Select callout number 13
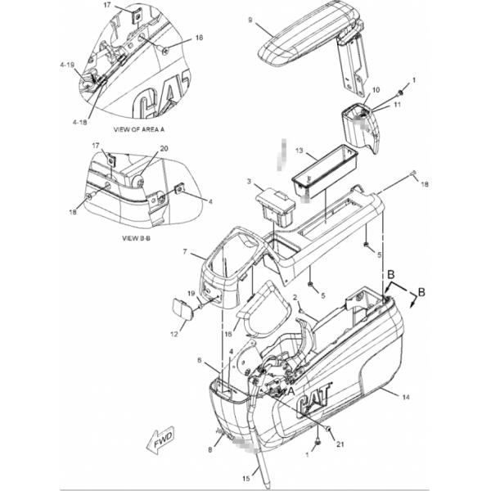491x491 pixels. [300, 151]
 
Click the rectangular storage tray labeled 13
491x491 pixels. [327, 171]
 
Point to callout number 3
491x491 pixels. [249, 181]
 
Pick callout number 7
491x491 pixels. [186, 252]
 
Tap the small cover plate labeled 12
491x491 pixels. [181, 310]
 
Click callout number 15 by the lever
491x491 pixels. [244, 478]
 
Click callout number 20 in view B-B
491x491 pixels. [164, 148]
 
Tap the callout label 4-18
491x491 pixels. [79, 121]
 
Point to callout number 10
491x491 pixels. [376, 90]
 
